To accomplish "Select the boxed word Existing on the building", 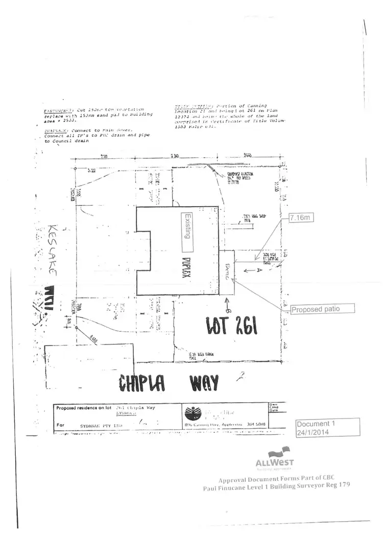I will (187, 227).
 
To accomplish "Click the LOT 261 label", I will (231, 325).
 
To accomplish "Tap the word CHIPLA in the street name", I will (142, 382).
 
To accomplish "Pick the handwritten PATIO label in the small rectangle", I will (228, 271).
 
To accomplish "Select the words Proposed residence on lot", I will (83, 408).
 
